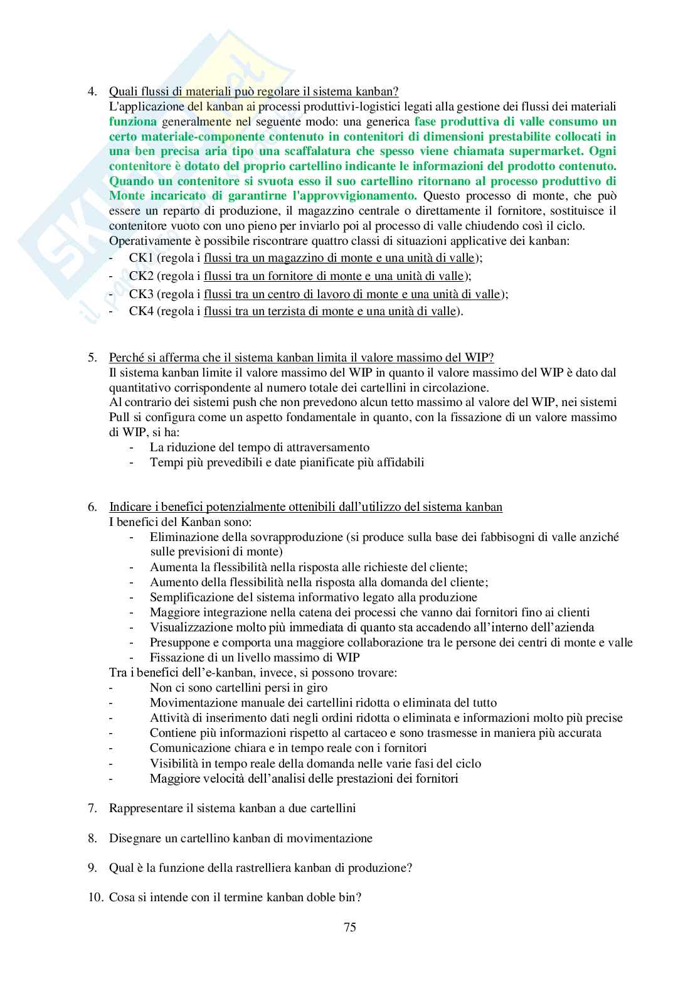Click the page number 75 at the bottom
pyautogui.click(x=350, y=928)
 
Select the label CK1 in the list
pyautogui.click(x=141, y=258)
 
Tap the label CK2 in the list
pyautogui.click(x=141, y=276)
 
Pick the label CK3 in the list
pyautogui.click(x=141, y=294)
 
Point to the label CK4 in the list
pyautogui.click(x=141, y=311)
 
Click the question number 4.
pyautogui.click(x=92, y=91)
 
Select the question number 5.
pyautogui.click(x=92, y=358)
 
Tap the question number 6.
pyautogui.click(x=92, y=507)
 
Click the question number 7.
pyautogui.click(x=92, y=808)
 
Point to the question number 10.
pyautogui.click(x=94, y=897)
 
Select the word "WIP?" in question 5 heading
pyautogui.click(x=481, y=358)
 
